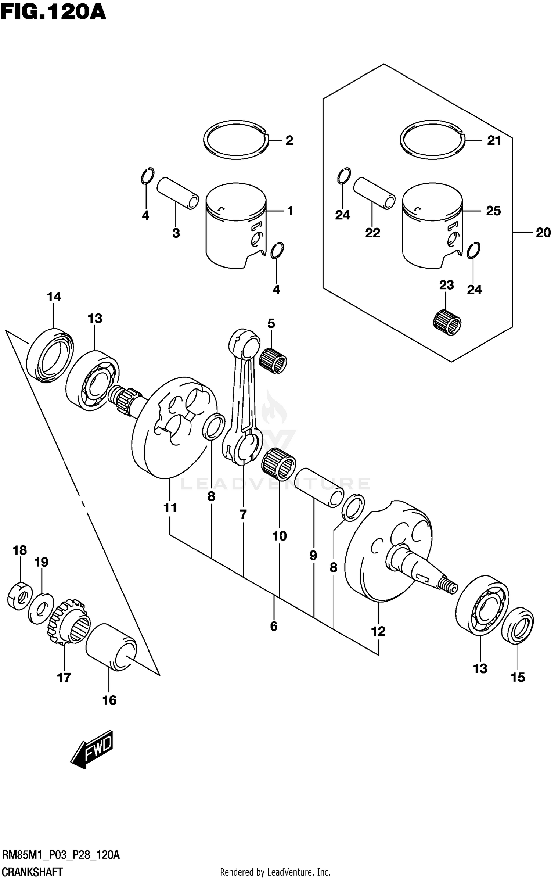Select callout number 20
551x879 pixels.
543,233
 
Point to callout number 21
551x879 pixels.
494,140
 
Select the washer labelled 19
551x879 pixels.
41,608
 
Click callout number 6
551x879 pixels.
274,626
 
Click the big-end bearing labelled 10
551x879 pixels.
279,465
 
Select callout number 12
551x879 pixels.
378,631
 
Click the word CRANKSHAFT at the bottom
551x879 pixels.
32,872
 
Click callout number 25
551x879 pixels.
493,211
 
